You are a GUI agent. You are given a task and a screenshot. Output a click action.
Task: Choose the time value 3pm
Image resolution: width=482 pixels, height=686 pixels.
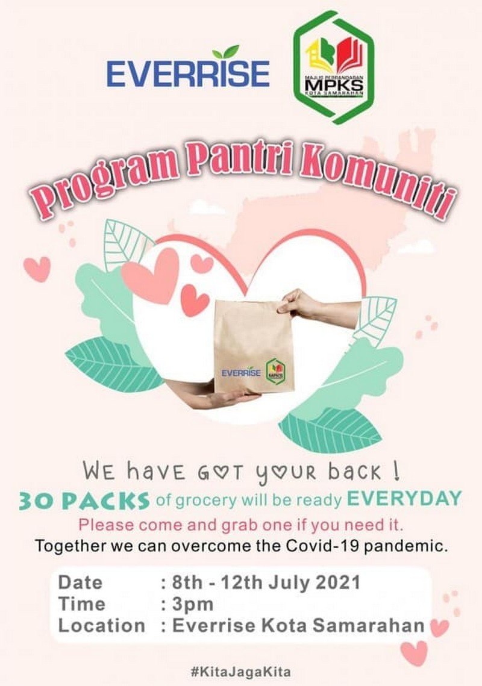click(193, 604)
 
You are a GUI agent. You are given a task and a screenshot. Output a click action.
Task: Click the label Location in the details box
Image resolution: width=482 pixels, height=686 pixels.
click(102, 626)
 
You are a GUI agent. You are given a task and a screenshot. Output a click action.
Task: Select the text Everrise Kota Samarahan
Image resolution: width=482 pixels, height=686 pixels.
click(298, 626)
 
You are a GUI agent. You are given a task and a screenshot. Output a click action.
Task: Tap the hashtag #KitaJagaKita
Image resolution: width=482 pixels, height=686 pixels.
click(241, 672)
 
